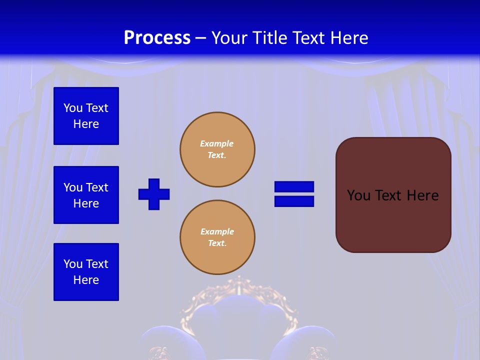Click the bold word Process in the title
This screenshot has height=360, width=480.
(x=157, y=37)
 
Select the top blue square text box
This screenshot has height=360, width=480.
(x=86, y=116)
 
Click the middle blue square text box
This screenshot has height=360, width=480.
(x=86, y=195)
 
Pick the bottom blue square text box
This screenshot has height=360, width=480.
(x=86, y=272)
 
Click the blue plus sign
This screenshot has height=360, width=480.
(x=154, y=194)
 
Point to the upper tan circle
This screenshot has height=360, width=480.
(x=217, y=149)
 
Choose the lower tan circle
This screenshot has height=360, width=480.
(x=217, y=237)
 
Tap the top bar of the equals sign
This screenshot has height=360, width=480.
(x=294, y=187)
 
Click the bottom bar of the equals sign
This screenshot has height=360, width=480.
(x=294, y=201)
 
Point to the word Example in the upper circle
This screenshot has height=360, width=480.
(x=216, y=143)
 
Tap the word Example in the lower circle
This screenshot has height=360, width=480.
(x=217, y=231)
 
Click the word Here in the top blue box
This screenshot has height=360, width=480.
(x=86, y=124)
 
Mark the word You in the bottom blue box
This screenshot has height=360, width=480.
(x=73, y=264)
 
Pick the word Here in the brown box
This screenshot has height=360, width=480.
(x=422, y=195)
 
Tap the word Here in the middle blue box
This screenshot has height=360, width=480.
(x=86, y=203)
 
